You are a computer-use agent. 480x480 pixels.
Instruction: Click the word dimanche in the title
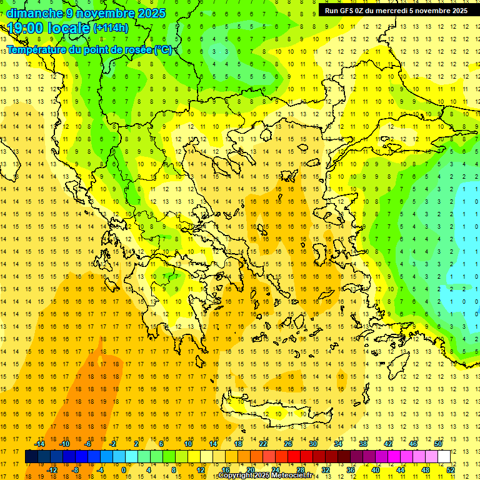click(35, 13)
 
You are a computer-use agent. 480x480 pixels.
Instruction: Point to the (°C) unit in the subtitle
click(163, 49)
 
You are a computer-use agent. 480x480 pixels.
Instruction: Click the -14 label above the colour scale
click(41, 444)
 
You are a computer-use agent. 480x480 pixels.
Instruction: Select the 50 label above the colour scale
click(438, 444)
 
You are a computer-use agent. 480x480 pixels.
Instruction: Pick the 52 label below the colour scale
click(451, 470)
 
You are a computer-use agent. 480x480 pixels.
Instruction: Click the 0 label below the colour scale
click(123, 470)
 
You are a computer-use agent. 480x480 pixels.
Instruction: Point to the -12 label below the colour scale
click(52, 470)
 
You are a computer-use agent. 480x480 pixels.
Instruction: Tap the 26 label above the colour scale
click(288, 444)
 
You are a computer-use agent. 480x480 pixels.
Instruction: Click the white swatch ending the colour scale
click(444, 457)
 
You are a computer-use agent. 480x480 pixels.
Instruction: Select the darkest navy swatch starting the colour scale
click(31, 457)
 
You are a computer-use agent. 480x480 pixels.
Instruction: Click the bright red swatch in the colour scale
click(294, 457)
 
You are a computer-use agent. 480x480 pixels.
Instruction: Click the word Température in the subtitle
click(37, 49)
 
